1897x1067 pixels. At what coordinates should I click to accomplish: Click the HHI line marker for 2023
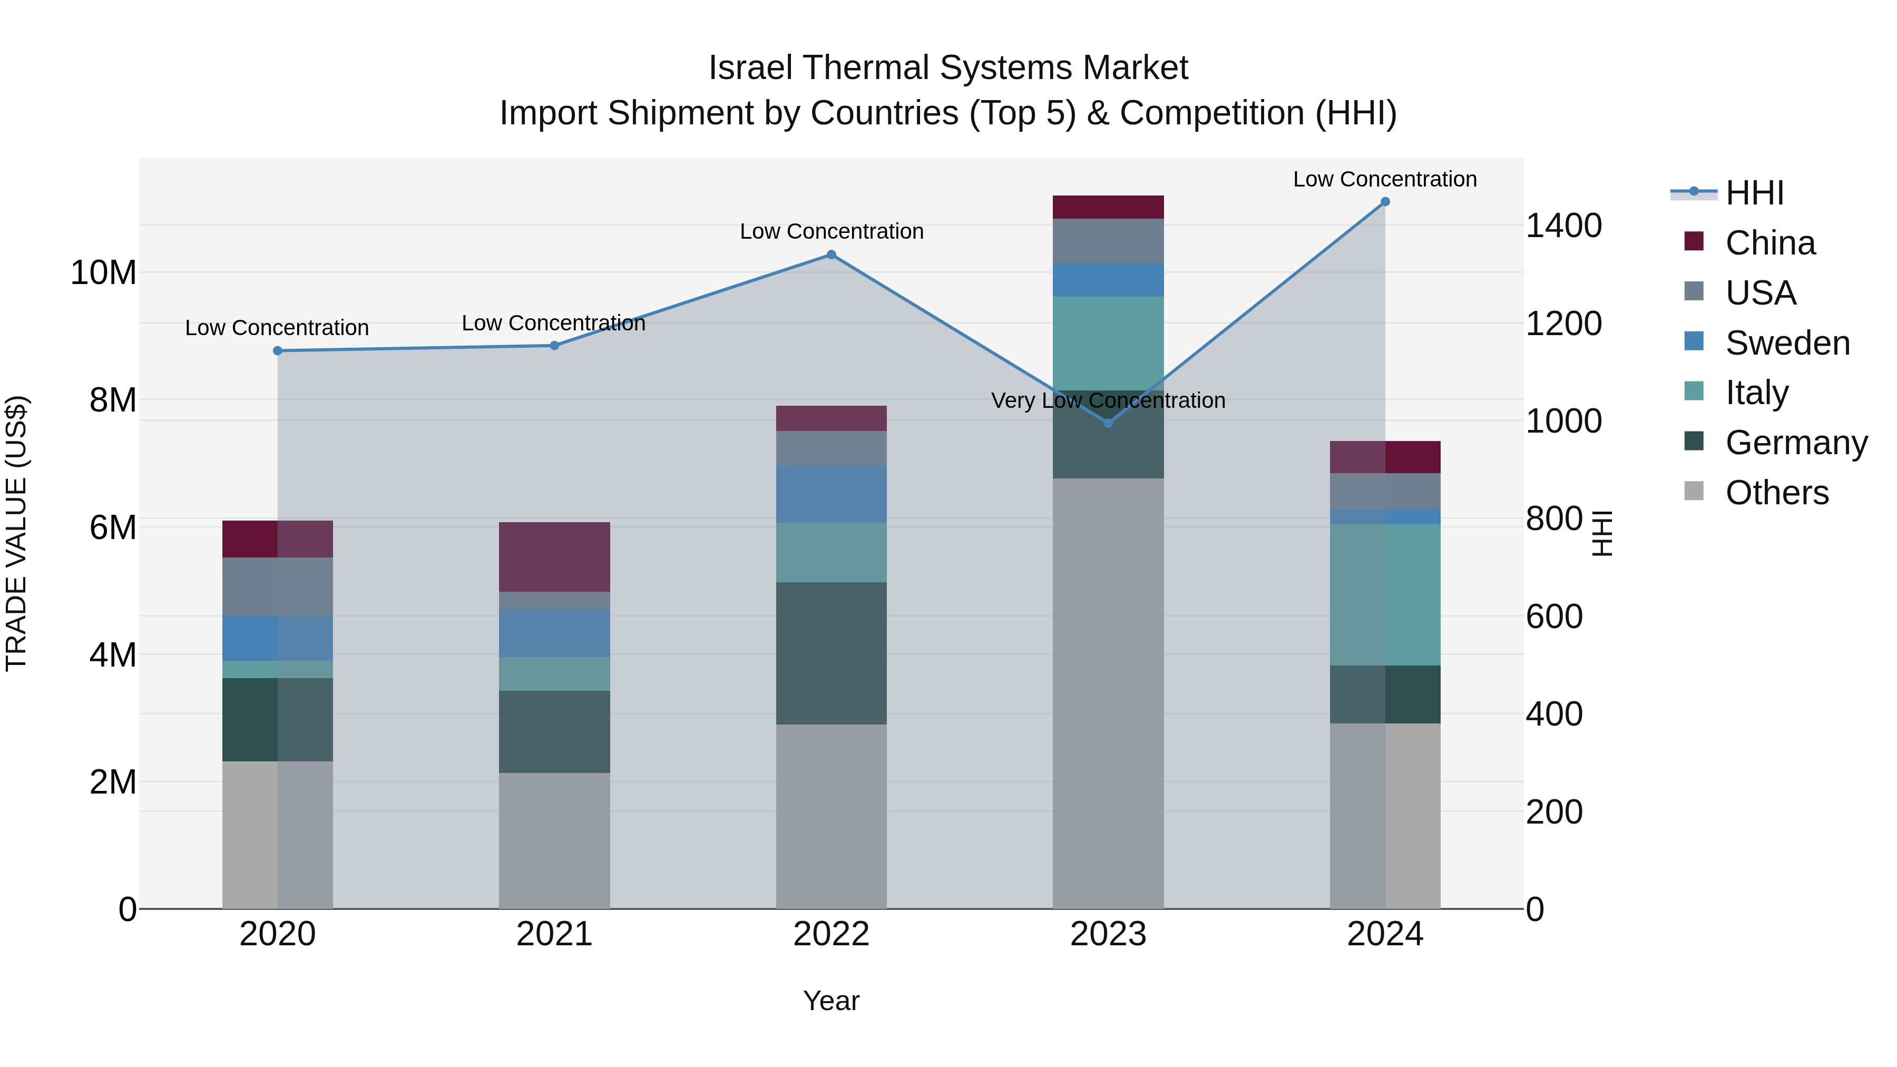click(x=1108, y=423)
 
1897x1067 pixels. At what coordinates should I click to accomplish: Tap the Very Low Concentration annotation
click(x=1108, y=400)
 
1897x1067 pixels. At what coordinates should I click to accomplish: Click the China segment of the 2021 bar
click(x=554, y=557)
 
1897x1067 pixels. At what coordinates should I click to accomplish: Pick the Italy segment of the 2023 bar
click(x=1108, y=343)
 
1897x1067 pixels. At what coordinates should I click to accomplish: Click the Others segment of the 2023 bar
click(x=1108, y=692)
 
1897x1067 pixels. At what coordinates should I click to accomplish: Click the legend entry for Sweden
click(x=1787, y=343)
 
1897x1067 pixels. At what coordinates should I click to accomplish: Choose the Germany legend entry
click(x=1796, y=443)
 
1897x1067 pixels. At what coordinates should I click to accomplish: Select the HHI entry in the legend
click(x=1754, y=193)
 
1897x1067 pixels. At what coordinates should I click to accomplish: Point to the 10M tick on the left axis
click(x=103, y=273)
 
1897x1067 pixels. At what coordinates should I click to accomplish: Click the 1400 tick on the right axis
click(x=1563, y=226)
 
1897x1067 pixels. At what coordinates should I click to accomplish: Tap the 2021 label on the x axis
click(x=554, y=934)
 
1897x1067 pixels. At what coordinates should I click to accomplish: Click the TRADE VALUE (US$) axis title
click(x=16, y=533)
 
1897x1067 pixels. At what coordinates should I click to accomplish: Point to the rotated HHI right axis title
click(x=1602, y=533)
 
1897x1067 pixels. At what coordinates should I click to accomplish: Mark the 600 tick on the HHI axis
click(x=1554, y=616)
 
